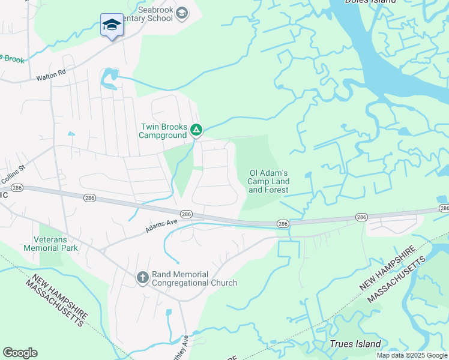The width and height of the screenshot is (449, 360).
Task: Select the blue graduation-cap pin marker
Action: [x=112, y=25]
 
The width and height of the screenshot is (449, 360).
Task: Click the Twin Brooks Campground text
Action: [x=163, y=131]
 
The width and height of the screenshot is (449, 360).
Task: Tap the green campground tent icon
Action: [x=196, y=130]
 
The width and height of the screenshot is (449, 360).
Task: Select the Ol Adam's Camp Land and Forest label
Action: [x=269, y=182]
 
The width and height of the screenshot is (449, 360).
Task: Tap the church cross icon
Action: [x=142, y=277]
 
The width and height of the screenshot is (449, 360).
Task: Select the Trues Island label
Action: [x=355, y=344]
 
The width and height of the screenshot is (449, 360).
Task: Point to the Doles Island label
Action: [x=370, y=2]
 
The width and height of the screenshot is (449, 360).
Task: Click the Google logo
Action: [x=20, y=353]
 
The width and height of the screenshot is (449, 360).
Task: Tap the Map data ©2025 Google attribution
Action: [x=412, y=355]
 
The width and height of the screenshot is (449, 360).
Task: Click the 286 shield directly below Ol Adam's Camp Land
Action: [x=283, y=224]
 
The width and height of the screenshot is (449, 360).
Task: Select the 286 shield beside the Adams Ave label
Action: [x=185, y=214]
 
